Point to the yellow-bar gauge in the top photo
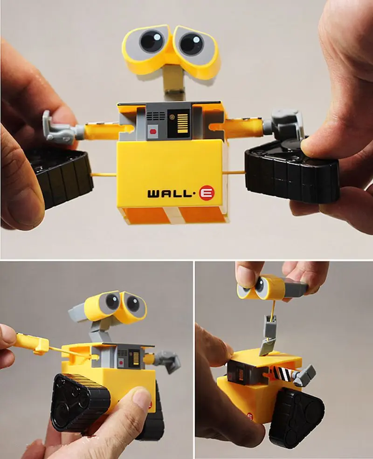pos(179,123)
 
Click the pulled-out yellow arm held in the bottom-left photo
pos(35,344)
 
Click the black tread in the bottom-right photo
pos(298,415)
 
